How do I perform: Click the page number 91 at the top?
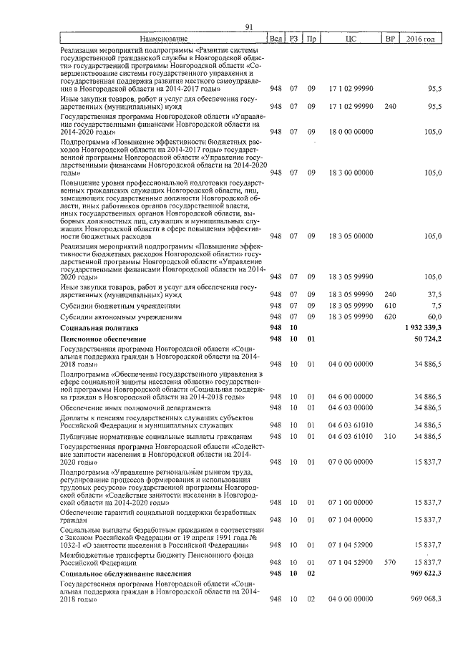[249, 27]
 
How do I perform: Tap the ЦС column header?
[351, 38]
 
